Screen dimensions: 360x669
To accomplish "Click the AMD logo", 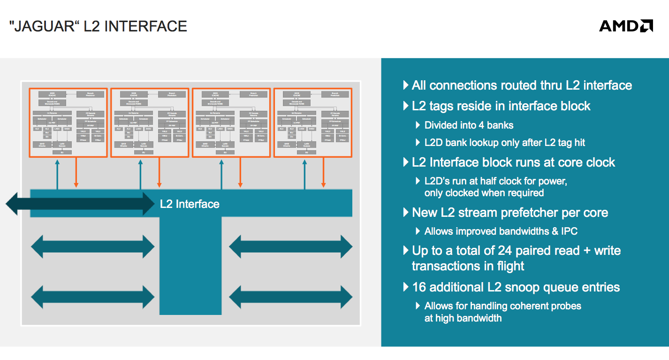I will (x=626, y=26).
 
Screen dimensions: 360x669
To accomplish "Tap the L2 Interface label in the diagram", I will (x=190, y=204).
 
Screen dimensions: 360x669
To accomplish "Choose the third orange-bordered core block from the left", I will (x=231, y=122).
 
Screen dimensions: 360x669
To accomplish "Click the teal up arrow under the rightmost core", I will (x=304, y=174).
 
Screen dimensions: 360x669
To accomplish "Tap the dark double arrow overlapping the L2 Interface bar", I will (x=80, y=204).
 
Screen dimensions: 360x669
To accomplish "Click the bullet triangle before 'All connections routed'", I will (x=406, y=85).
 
